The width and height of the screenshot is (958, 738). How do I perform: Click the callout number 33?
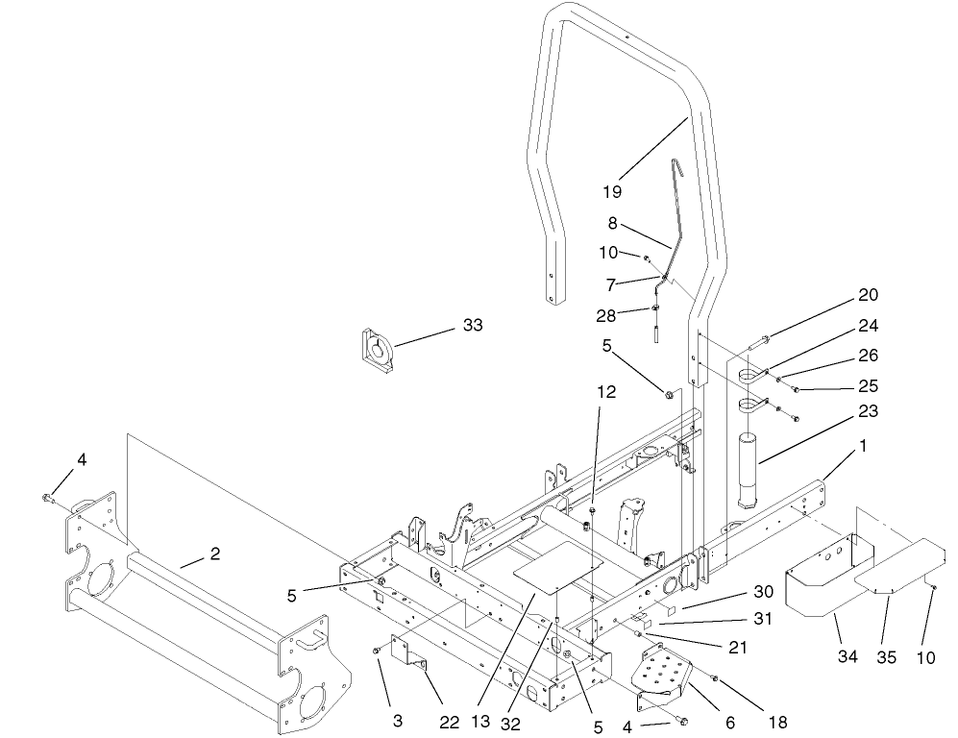(472, 326)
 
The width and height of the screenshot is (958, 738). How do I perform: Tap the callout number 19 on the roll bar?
(612, 190)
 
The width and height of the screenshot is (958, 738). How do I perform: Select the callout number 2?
(215, 553)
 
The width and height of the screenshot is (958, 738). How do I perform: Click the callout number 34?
(846, 656)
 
